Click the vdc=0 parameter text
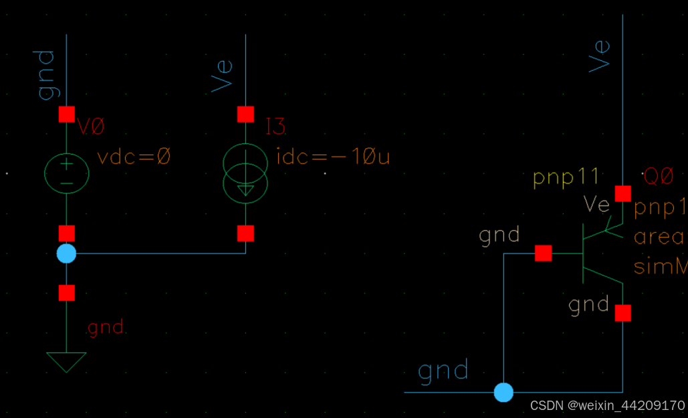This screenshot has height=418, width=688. (134, 158)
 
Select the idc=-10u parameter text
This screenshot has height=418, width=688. (332, 158)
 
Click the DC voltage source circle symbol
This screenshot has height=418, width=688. (66, 173)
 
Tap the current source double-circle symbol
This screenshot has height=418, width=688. (245, 173)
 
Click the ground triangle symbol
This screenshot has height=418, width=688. (66, 361)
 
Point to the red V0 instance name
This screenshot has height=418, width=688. (92, 126)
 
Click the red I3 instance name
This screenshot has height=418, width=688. (275, 126)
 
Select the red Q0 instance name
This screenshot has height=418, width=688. (658, 177)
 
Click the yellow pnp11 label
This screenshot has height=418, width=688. (566, 178)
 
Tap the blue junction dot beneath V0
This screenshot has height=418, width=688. (66, 253)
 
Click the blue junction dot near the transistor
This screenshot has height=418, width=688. (503, 392)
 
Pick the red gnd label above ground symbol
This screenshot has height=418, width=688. (106, 328)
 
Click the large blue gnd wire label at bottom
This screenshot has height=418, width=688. (443, 371)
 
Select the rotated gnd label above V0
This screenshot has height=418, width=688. (45, 74)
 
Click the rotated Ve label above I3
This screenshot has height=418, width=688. (223, 75)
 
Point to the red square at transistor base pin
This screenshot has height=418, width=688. (543, 253)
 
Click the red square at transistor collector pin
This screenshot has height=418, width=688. (622, 313)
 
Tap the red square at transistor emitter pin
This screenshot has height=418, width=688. (622, 193)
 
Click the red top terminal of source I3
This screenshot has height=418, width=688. (245, 114)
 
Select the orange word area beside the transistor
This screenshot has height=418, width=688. (659, 237)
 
